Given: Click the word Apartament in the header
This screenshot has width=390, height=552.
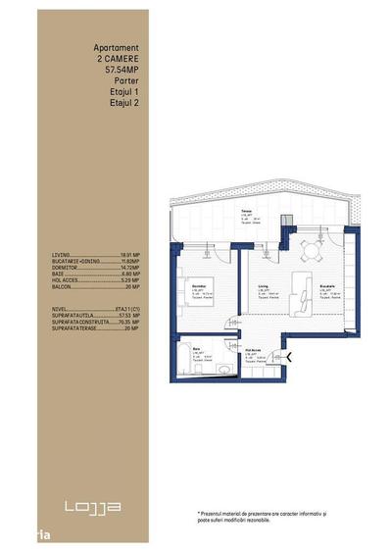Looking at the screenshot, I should pos(116,46).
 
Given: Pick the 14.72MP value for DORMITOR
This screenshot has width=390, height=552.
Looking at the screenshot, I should pos(130,267).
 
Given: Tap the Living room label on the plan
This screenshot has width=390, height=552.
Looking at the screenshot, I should pos(264,287).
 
